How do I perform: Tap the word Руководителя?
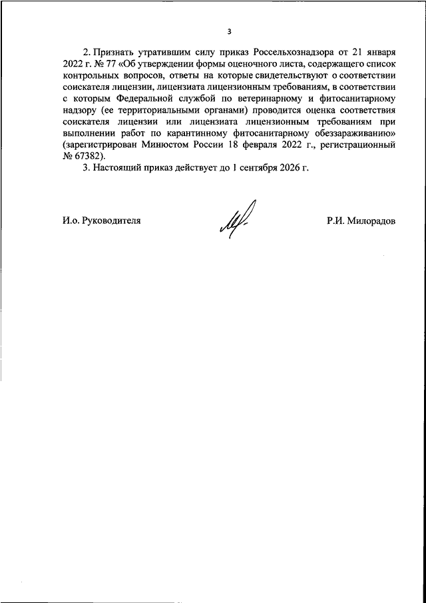[x=110, y=220]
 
